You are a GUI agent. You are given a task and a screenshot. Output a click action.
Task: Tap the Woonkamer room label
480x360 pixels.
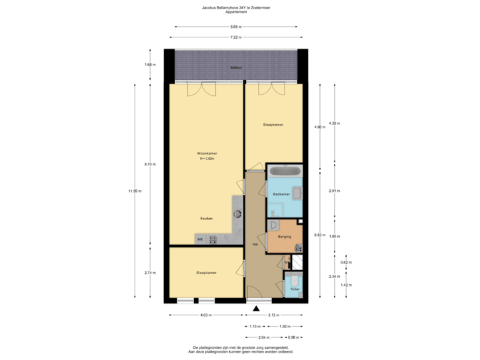coord(207,154)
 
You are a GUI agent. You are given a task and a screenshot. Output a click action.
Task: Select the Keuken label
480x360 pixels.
coord(206,219)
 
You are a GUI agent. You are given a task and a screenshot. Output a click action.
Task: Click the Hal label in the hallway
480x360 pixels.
coord(255,244)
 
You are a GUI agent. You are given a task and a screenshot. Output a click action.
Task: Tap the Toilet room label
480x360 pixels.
coord(294,289)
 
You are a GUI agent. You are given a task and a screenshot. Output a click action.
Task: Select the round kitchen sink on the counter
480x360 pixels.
coord(238,214)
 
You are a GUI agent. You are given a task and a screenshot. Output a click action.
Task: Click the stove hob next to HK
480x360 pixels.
coord(213,239)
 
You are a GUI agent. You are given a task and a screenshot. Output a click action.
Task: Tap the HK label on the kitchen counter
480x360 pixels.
coord(200,239)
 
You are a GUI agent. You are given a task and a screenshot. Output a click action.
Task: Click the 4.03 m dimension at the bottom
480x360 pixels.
coord(206,315)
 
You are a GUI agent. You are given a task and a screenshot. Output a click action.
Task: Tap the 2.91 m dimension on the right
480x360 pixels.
coord(335,191)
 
